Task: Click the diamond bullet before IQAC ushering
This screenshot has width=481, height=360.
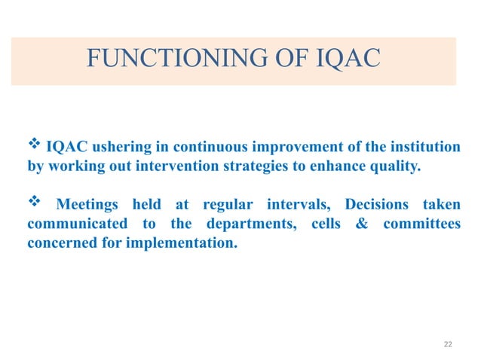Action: [34, 145]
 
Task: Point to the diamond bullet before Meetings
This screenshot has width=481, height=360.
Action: [34, 203]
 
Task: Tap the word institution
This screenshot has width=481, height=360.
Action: [421, 147]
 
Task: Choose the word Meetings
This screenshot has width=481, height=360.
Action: [89, 206]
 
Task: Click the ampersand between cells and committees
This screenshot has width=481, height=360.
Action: [366, 225]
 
